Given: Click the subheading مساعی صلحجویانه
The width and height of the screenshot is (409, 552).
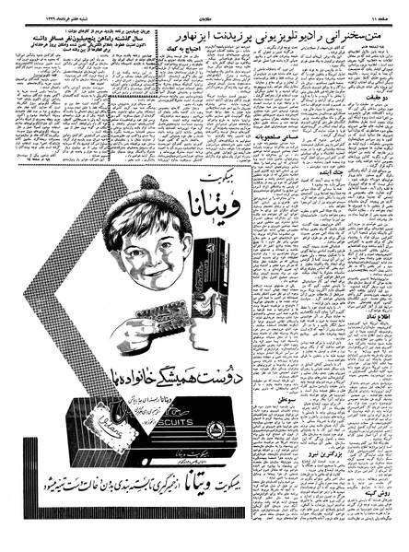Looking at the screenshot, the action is tap(285, 162).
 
